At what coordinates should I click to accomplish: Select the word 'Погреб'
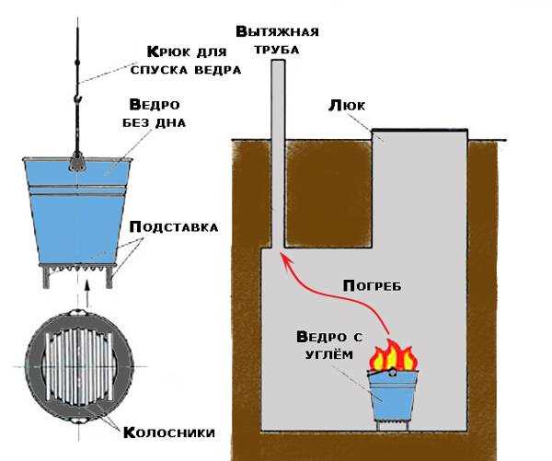tap(372, 285)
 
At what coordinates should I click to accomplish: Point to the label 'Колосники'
tap(169, 432)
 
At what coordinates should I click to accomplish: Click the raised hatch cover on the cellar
tap(419, 134)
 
